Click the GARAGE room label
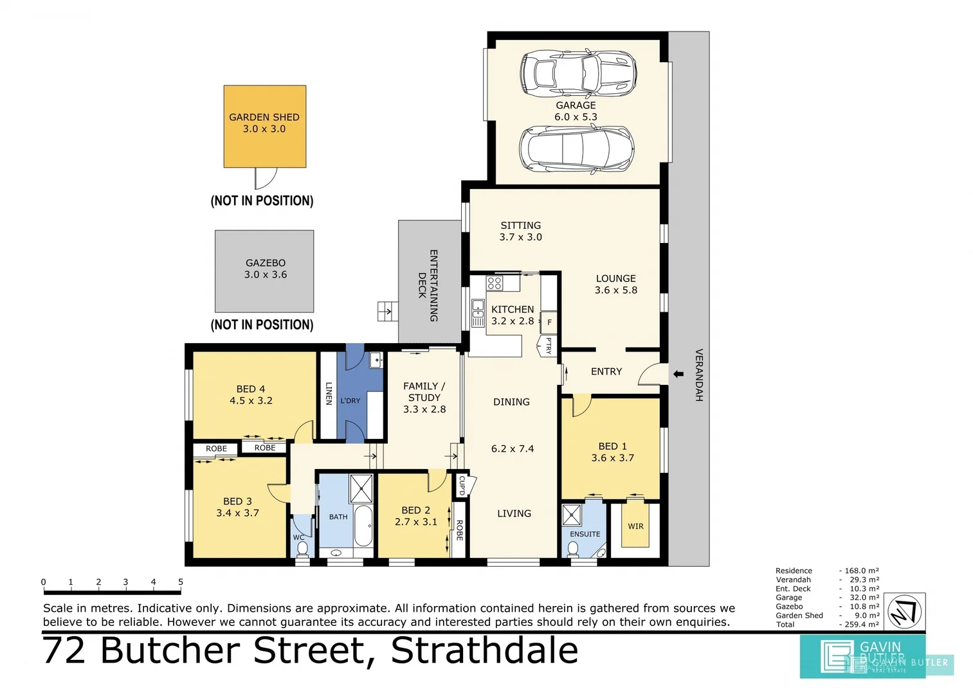pos(576,105)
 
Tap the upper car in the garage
pos(577,73)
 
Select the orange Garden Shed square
pos(264,126)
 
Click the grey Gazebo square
pos(264,271)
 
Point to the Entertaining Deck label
pos(428,285)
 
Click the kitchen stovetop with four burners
pos(494,283)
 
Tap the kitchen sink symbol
pos(478,313)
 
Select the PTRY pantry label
pos(549,346)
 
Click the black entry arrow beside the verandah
pos(678,374)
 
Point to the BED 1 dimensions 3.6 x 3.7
pos(612,458)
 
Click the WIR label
pos(635,526)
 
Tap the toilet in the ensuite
pos(572,549)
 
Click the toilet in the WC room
pos(302,549)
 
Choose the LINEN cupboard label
pos(329,393)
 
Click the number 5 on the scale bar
pos(181,582)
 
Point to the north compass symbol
pos(905,611)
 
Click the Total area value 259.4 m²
pos(861,625)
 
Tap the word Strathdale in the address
pos(484,650)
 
